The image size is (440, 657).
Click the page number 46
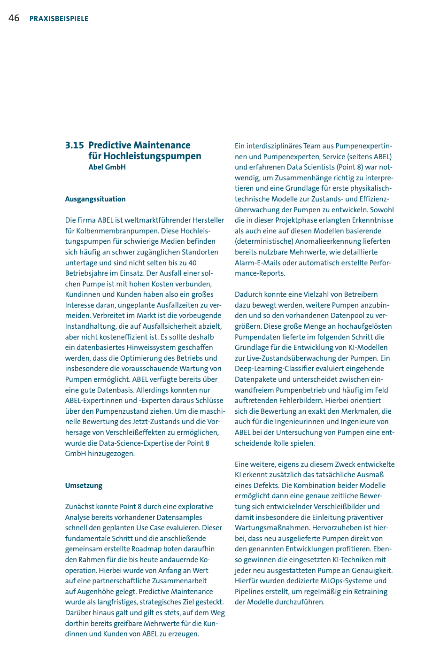point(14,18)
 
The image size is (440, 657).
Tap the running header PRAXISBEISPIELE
point(59,19)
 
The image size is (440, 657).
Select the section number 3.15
point(74,146)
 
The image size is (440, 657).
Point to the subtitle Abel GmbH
point(107,167)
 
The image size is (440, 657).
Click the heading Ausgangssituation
point(95,199)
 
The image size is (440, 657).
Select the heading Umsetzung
point(84,486)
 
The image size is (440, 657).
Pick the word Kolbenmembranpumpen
point(117,231)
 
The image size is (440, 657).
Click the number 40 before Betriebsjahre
point(192,263)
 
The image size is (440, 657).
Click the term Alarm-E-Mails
point(257,263)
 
